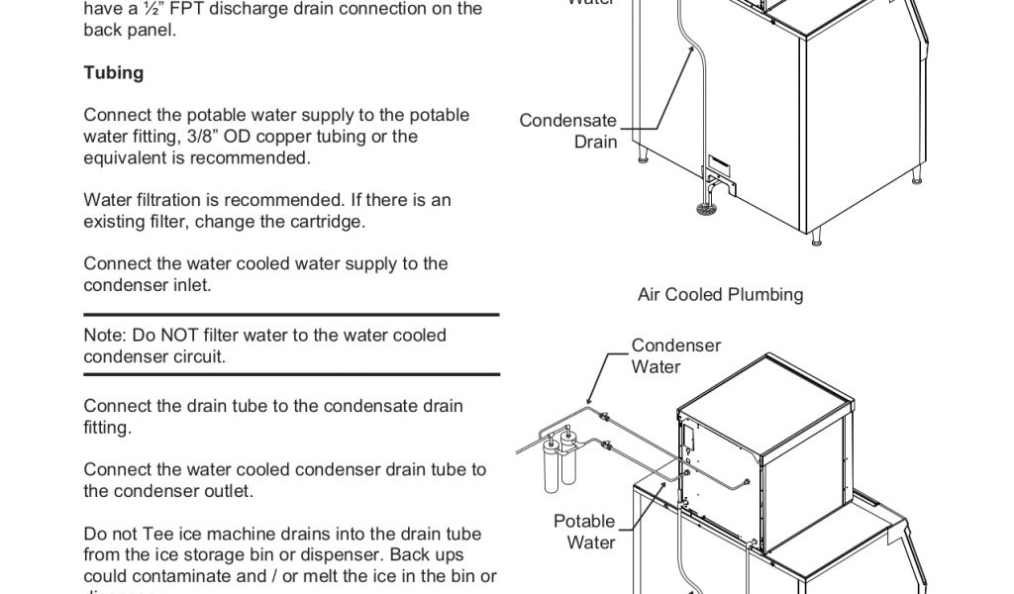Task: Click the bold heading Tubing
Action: point(113,72)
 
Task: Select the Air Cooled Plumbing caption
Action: point(720,294)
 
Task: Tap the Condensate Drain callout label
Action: point(568,131)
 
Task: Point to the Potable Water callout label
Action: point(584,532)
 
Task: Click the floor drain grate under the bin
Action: point(705,208)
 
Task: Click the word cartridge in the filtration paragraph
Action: point(328,221)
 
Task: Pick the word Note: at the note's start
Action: point(105,335)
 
